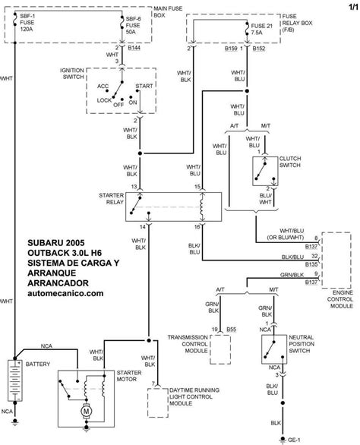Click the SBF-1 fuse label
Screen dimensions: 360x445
(x=27, y=16)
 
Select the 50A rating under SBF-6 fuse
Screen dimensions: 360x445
(x=131, y=32)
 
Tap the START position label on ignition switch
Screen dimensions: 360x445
(x=144, y=86)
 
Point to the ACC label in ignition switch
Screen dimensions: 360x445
(x=103, y=86)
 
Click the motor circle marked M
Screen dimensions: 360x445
(x=86, y=411)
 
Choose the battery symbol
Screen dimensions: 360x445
(x=15, y=380)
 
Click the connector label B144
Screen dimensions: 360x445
(x=134, y=48)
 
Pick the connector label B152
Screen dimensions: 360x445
(x=259, y=49)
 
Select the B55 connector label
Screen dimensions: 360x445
(x=232, y=330)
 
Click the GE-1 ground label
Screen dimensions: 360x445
(x=294, y=440)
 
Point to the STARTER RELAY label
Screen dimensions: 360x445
(x=112, y=199)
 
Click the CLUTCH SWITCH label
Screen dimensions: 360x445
(x=290, y=162)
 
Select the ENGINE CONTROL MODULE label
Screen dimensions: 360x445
(x=340, y=299)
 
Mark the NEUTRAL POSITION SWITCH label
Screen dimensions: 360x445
(x=302, y=344)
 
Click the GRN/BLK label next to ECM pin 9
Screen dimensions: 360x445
(x=292, y=275)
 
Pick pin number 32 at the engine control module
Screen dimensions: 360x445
(x=314, y=256)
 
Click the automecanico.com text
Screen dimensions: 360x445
(x=65, y=293)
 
